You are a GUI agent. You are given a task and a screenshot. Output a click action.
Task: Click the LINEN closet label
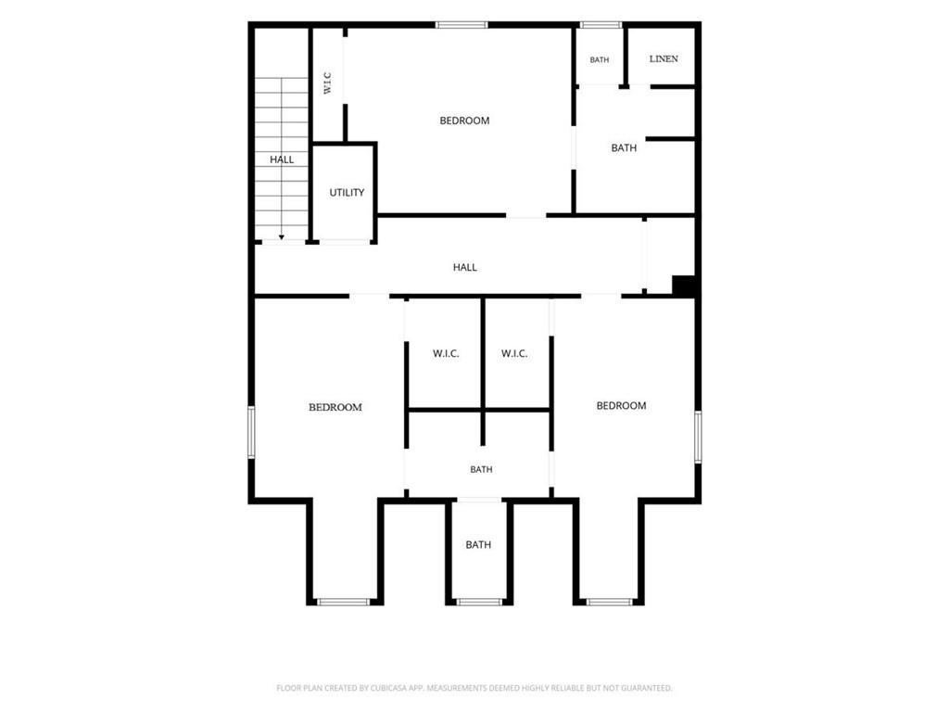click(x=664, y=58)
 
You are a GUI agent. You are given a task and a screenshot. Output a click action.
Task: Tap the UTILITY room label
click(x=347, y=193)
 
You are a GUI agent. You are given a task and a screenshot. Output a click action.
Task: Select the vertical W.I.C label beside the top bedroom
click(x=327, y=83)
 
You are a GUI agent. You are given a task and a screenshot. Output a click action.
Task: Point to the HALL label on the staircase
click(x=282, y=159)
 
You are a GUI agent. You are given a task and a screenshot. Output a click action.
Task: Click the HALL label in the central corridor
click(x=465, y=267)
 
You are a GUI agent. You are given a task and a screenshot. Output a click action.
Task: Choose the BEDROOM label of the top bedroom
click(x=464, y=121)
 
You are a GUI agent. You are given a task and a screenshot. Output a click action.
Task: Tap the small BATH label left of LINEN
click(x=600, y=60)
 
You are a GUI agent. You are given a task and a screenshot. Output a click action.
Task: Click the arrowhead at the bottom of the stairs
click(x=282, y=237)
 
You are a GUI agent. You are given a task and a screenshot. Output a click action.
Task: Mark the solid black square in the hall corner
click(x=684, y=286)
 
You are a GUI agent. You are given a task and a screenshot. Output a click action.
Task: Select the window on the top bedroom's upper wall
click(x=462, y=25)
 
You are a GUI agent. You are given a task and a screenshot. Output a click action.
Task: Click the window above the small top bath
click(x=601, y=25)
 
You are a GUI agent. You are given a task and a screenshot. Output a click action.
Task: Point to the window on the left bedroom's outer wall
click(x=251, y=432)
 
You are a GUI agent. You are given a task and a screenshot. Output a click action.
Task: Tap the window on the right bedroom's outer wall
click(x=698, y=438)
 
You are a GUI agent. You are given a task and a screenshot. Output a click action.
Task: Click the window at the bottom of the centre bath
click(x=479, y=602)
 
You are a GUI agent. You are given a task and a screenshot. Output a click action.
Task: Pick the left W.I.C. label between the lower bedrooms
click(x=446, y=353)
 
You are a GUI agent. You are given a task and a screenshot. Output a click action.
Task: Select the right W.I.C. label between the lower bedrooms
click(x=514, y=353)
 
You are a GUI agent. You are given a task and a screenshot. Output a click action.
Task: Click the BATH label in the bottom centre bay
click(x=478, y=545)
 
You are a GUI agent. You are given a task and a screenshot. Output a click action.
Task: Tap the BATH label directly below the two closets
click(x=481, y=469)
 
